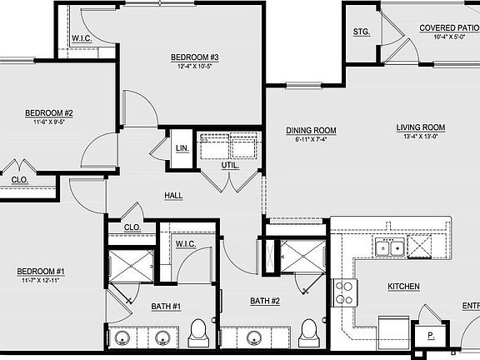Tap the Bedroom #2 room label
click(x=49, y=113)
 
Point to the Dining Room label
click(x=311, y=130)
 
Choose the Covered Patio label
click(x=448, y=28)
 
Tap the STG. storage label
click(x=361, y=32)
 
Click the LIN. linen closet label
click(x=182, y=148)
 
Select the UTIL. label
click(x=230, y=165)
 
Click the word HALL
click(x=173, y=196)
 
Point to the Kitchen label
click(x=403, y=287)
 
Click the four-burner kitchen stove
click(x=345, y=291)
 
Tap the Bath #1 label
click(x=166, y=307)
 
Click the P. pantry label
click(x=431, y=336)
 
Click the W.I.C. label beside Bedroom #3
click(x=82, y=37)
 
